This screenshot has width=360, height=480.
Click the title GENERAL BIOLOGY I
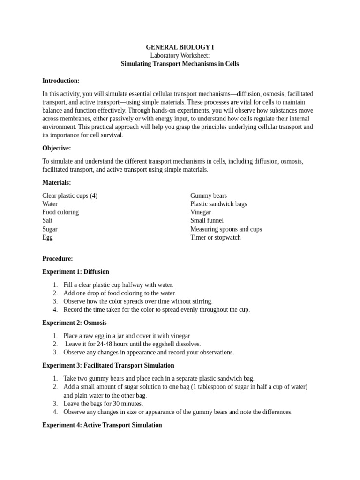pos(180,47)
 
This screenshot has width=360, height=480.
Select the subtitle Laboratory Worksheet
pos(180,56)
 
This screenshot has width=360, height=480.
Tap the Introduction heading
pos(61,81)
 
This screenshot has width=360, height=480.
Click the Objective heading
pos(57,148)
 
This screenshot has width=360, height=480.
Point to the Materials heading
pos(57,182)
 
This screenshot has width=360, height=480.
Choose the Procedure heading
pos(58,259)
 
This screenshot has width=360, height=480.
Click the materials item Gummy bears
pos(209,195)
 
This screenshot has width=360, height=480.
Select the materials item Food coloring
pos(60,212)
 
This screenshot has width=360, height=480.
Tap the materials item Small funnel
pos(207,220)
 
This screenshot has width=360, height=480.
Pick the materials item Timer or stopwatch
pos(216,237)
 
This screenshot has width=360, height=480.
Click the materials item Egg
pos(47,237)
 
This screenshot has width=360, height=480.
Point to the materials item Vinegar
pos(201,212)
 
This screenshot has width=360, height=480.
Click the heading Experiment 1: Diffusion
pos(75,272)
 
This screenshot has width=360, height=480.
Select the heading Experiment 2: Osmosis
pos(74,322)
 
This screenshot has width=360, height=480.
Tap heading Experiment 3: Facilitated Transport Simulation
pos(108,365)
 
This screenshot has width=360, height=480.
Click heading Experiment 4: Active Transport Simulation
pos(102,425)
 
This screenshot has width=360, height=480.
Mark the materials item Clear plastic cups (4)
pos(70,195)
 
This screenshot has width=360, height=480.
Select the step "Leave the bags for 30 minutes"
pos(103,404)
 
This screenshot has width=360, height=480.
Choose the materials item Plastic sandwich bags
pos(218,204)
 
